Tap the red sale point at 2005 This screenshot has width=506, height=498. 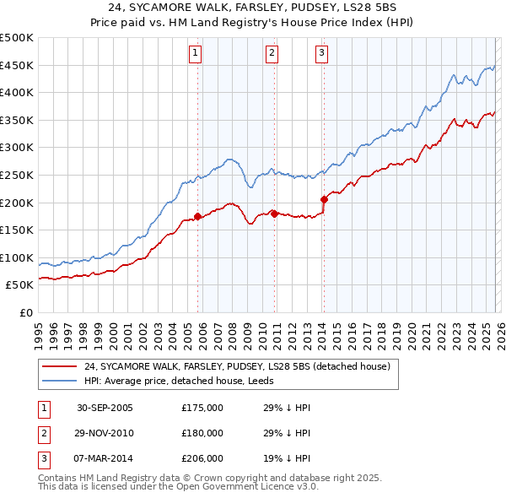198,216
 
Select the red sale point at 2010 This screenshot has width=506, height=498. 275,214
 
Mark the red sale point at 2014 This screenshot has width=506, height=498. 324,199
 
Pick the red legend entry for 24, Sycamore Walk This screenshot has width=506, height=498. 236,367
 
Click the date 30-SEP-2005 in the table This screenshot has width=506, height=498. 105,408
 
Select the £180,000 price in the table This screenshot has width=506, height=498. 202,433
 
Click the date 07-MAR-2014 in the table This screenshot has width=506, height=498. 105,458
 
